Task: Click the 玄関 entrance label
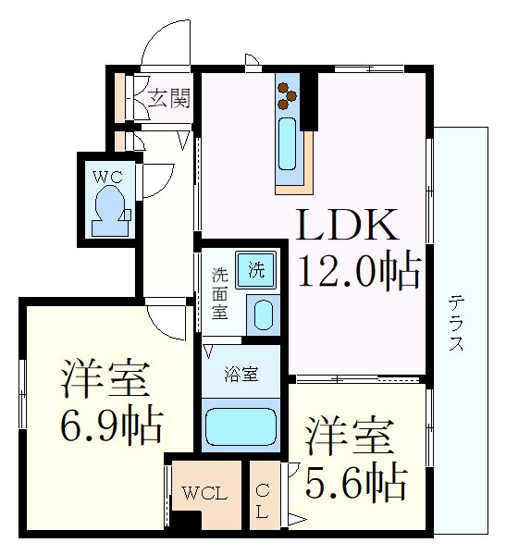pyautogui.click(x=169, y=98)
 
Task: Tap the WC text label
pyautogui.click(x=107, y=177)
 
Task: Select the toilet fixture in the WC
pyautogui.click(x=110, y=211)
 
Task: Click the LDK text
pyautogui.click(x=348, y=225)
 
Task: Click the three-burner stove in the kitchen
pyautogui.click(x=288, y=95)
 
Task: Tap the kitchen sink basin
pyautogui.click(x=287, y=143)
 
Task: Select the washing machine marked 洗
pyautogui.click(x=256, y=270)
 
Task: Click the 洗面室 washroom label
pyautogui.click(x=220, y=294)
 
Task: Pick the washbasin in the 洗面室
pyautogui.click(x=264, y=315)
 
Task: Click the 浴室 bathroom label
pyautogui.click(x=241, y=375)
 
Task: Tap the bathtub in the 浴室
pyautogui.click(x=241, y=426)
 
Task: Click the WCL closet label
pyautogui.click(x=204, y=493)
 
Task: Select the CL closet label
pyautogui.click(x=263, y=501)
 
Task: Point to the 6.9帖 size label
pyautogui.click(x=111, y=425)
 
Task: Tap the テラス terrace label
pyautogui.click(x=456, y=323)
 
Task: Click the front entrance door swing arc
pyautogui.click(x=154, y=39)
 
